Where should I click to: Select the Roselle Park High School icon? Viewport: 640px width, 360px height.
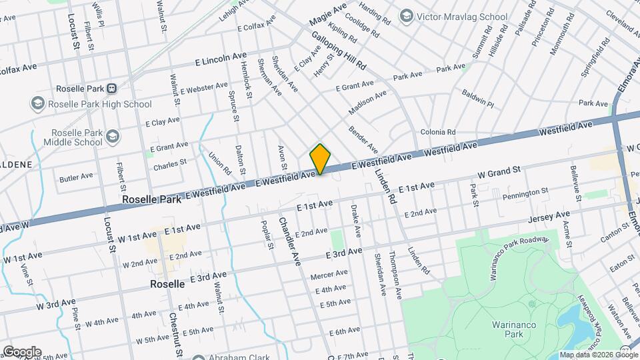(x=37, y=103)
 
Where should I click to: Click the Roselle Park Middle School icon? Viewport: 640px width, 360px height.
(x=113, y=136)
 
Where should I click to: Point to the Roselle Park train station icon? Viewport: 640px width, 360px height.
(x=112, y=88)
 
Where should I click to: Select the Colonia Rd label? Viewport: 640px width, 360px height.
(x=437, y=132)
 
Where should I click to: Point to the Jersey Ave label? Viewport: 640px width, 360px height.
(x=549, y=216)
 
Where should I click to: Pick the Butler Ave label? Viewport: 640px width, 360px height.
(x=76, y=177)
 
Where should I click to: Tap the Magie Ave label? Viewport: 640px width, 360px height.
(x=329, y=15)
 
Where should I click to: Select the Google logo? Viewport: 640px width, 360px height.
(x=21, y=351)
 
